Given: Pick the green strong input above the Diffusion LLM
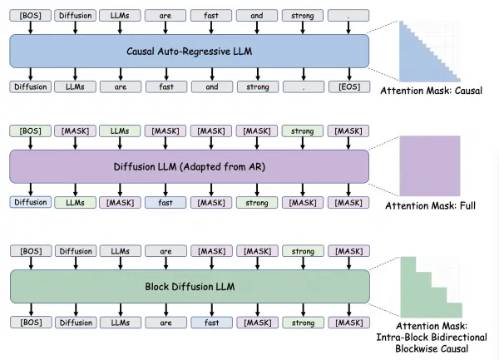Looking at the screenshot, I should [x=302, y=131].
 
